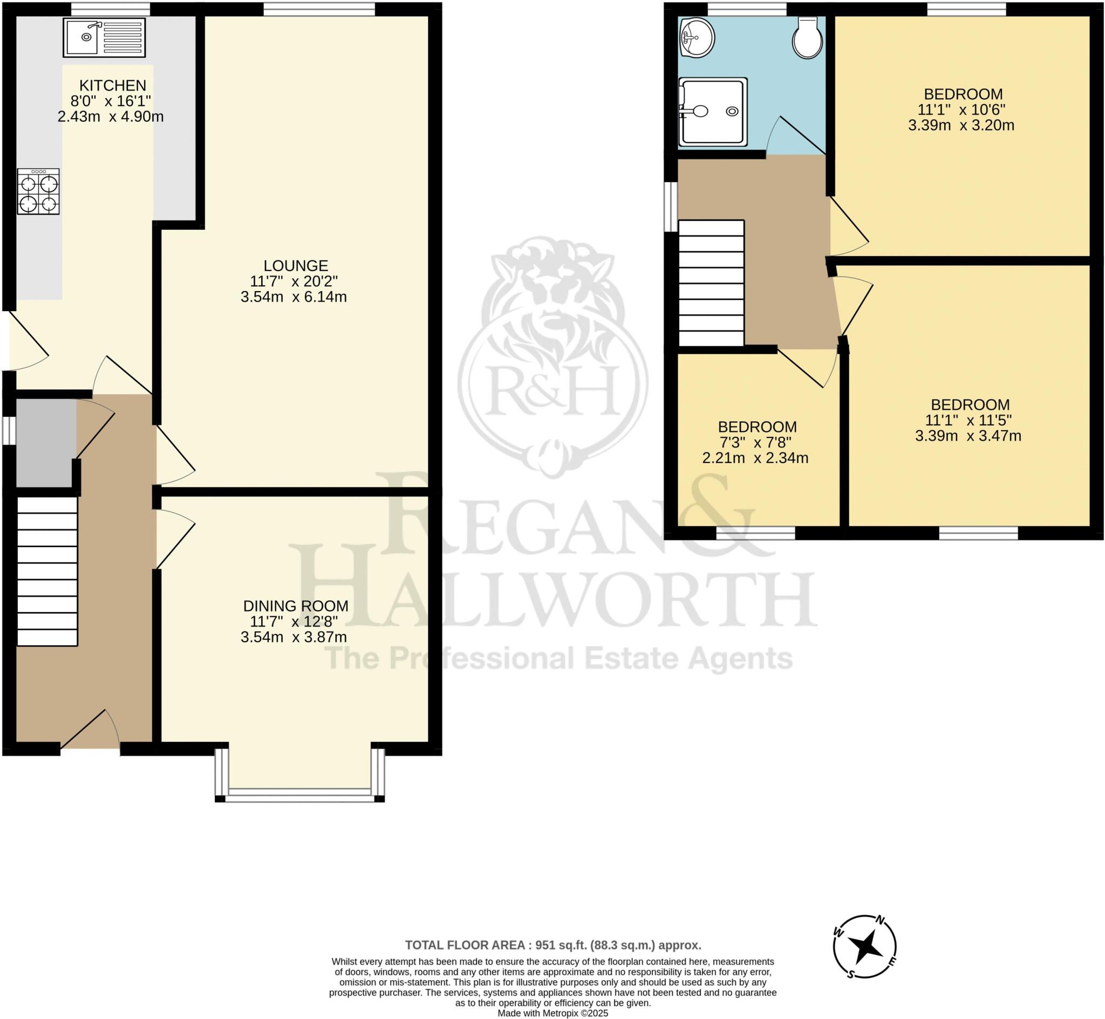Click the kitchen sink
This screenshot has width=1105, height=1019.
coord(104,38)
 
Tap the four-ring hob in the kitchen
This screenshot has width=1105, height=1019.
coord(38,191)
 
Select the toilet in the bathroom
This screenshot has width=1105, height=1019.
coord(807,37)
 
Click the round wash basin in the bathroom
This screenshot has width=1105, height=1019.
coord(697,38)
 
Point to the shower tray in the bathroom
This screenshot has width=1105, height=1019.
coord(713,112)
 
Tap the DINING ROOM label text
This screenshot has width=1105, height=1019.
coord(296,606)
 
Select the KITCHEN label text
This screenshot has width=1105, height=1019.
coord(113,86)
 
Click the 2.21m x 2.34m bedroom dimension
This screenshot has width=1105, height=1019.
coord(755,458)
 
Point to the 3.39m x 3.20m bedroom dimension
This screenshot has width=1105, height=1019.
coord(961,125)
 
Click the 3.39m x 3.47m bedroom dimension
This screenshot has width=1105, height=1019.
coord(967,436)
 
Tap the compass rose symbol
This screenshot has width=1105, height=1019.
coord(864,946)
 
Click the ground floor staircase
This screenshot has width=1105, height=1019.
coord(47,571)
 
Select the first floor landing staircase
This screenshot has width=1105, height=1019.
coord(711,283)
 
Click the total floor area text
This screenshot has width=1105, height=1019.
coord(553,945)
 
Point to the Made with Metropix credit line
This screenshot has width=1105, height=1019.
coord(553,1014)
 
